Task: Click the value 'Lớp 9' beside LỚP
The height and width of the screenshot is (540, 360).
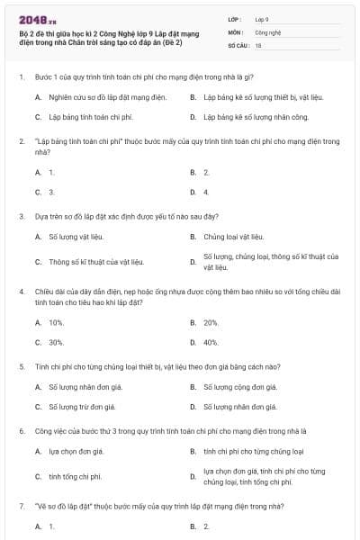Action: point(262,18)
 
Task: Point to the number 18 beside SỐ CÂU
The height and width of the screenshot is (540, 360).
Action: point(258,43)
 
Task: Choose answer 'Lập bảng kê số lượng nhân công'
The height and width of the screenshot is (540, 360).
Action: point(247,117)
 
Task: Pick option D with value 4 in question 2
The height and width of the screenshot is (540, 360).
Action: point(206,192)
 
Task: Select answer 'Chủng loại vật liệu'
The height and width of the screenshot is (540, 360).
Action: point(233,237)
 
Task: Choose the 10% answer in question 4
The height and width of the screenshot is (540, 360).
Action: point(56,321)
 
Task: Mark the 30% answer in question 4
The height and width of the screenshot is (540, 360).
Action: point(56,343)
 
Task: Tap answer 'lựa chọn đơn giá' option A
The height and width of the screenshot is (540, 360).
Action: point(76,451)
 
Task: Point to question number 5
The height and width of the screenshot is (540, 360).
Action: point(21,366)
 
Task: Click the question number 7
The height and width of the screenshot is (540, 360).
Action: point(21,506)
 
